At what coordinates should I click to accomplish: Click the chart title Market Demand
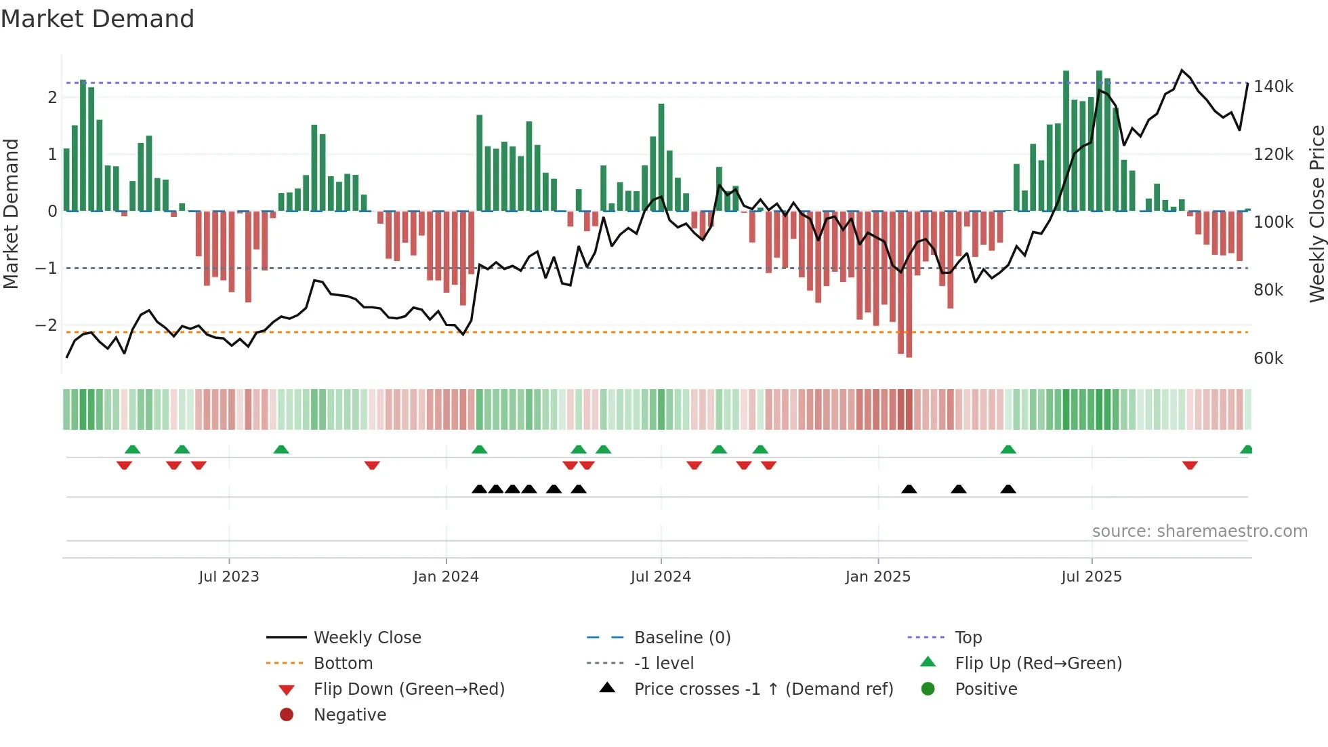tap(98, 19)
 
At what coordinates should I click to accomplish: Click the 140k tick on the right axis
tap(1272, 87)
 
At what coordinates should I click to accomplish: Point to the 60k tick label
tap(1268, 359)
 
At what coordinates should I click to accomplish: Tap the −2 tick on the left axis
tap(47, 325)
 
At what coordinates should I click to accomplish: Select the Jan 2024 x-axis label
tap(446, 577)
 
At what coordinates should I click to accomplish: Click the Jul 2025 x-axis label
tap(1091, 577)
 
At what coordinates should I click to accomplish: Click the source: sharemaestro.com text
tap(1199, 531)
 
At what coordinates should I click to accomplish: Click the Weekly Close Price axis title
tap(1316, 214)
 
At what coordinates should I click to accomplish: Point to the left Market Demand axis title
tap(12, 214)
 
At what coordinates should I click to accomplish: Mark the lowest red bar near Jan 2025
tap(909, 352)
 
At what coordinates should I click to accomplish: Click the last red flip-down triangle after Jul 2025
tap(1190, 465)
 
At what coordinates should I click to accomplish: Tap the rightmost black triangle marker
tap(1008, 489)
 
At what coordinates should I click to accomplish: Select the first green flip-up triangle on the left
tap(133, 449)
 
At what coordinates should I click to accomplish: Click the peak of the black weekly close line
tap(1182, 70)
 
